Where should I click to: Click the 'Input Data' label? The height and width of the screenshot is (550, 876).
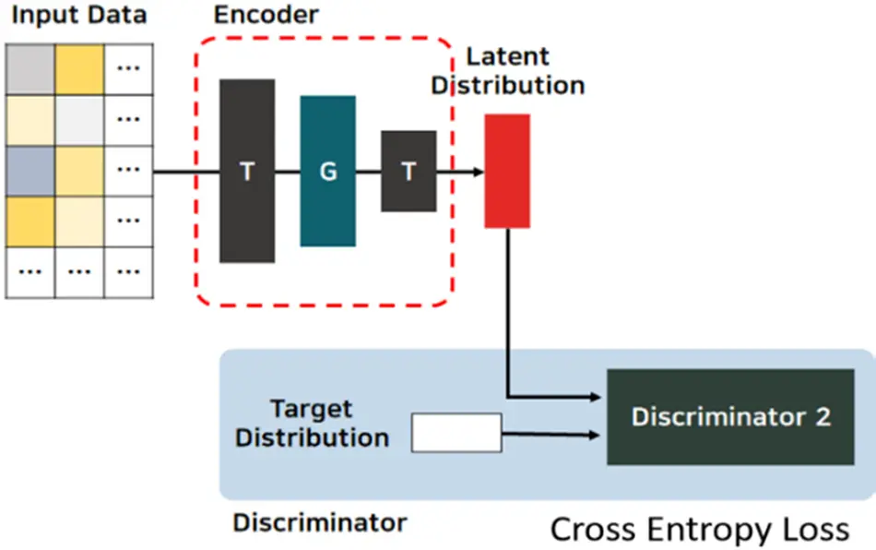pos(78,17)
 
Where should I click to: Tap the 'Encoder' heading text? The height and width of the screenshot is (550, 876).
pos(266,15)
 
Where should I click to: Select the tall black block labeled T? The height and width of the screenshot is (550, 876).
pos(247,171)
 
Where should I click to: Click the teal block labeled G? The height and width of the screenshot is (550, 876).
pos(327,171)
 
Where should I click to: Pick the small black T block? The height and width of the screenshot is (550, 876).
pos(408,171)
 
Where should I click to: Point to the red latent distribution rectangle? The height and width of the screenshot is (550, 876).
pos(507,171)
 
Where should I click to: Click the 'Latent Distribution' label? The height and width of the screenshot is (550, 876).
pos(509,70)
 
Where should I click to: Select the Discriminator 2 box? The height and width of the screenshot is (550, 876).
pos(730,417)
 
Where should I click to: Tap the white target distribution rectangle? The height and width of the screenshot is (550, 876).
pos(456,433)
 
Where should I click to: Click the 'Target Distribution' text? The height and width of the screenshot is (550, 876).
pos(312,423)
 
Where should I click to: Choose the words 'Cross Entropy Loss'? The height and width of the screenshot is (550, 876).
pos(700,529)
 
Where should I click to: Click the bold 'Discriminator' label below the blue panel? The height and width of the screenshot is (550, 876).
pos(319,522)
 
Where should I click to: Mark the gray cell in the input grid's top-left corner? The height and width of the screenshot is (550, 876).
pos(30,68)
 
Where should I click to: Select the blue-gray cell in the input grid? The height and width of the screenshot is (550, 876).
pos(30,171)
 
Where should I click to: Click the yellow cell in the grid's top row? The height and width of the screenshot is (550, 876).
pos(79,68)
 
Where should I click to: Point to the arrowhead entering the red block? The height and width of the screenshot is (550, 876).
pos(477,172)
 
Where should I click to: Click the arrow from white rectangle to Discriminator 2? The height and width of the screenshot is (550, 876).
pos(553,433)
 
